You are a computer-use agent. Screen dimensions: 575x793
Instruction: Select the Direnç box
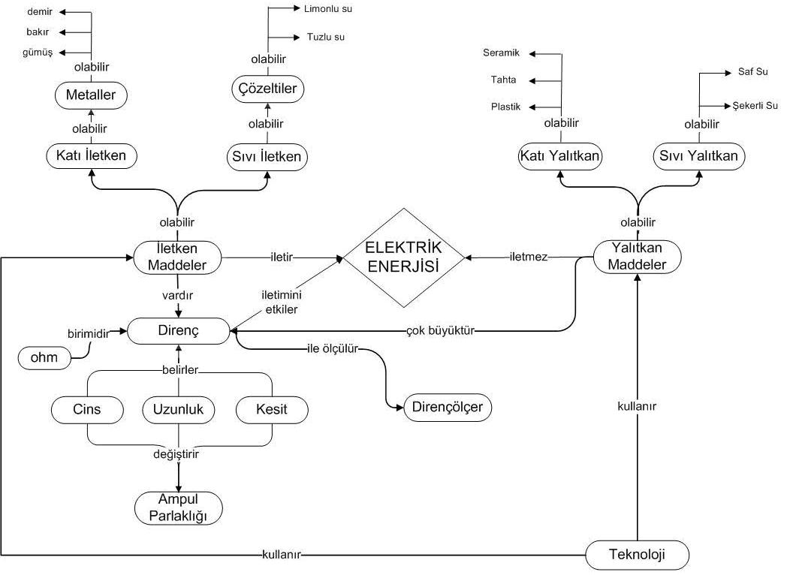click(178, 330)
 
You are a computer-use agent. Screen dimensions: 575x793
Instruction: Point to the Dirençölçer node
click(448, 408)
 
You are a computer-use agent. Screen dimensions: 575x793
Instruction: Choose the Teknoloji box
click(636, 555)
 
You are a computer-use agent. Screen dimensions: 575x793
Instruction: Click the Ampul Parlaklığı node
click(178, 508)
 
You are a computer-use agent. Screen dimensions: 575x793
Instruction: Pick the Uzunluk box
click(178, 409)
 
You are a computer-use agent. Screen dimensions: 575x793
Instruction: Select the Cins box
click(87, 409)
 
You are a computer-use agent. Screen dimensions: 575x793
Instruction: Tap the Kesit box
click(270, 409)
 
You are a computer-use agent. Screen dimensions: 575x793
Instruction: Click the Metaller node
click(91, 95)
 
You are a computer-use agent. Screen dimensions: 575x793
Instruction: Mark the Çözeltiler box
click(267, 89)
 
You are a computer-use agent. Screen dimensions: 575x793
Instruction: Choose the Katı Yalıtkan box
click(562, 156)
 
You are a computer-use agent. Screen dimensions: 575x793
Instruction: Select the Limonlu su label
click(328, 9)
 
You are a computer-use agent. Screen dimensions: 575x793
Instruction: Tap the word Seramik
click(496, 53)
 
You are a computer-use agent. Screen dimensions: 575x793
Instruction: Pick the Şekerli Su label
click(755, 105)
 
